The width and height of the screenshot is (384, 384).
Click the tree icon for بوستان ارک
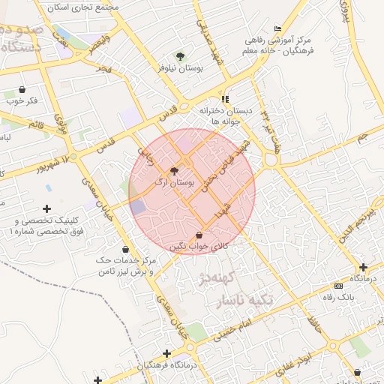click(174, 172)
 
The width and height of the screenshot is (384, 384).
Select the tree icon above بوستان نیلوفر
click(178, 56)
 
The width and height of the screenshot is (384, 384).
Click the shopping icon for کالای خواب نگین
click(198, 235)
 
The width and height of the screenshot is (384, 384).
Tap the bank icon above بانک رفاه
click(338, 286)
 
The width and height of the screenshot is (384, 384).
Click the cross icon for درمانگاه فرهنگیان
click(166, 353)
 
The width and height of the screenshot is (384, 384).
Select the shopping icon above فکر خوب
click(22, 89)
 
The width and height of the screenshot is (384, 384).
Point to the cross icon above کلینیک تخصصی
click(47, 208)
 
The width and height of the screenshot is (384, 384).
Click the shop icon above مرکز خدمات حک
click(125, 249)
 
